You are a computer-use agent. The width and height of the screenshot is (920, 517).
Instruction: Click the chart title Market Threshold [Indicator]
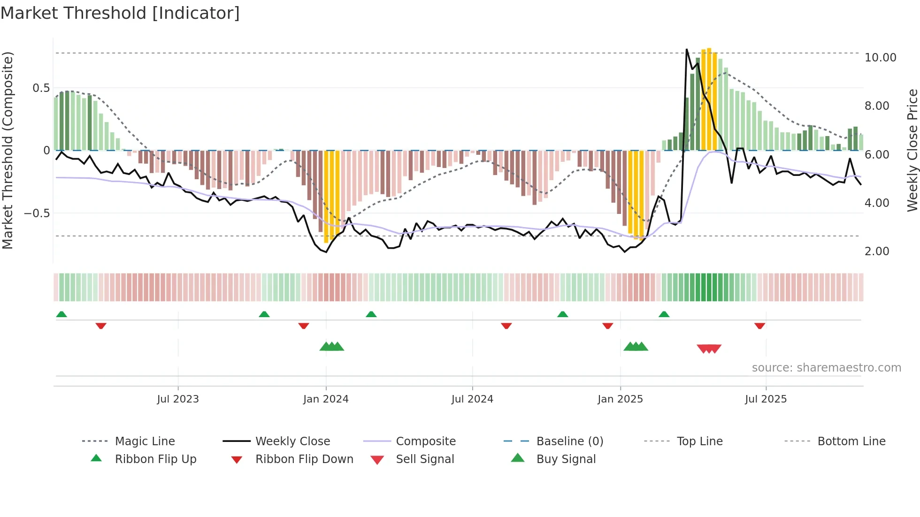(120, 13)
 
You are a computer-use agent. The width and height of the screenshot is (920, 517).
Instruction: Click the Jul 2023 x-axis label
(178, 399)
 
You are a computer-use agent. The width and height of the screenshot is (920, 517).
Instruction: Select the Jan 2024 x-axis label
(326, 399)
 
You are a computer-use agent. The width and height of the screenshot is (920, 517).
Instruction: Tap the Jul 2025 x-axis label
(766, 399)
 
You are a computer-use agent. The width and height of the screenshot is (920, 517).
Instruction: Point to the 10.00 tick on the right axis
(880, 58)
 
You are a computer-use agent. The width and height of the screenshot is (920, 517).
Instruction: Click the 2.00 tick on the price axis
(877, 251)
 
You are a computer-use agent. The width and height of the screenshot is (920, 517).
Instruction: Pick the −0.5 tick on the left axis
(37, 213)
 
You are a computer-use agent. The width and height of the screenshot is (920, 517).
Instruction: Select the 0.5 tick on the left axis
(41, 88)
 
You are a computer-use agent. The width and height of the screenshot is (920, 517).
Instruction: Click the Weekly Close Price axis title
(912, 150)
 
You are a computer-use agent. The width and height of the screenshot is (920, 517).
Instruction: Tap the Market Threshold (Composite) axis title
(8, 150)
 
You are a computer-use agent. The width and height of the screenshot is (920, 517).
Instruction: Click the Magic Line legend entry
(145, 441)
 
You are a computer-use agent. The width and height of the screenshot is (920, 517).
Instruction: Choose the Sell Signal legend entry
(425, 459)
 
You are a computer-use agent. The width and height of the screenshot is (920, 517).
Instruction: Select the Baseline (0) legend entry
(569, 441)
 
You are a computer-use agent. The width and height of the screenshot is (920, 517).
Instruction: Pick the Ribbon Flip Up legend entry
(155, 459)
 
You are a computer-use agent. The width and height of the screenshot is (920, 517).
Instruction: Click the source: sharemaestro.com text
(826, 368)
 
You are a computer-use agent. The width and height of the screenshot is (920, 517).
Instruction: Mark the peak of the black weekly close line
(687, 49)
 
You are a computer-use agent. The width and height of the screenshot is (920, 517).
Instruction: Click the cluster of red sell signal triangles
(709, 349)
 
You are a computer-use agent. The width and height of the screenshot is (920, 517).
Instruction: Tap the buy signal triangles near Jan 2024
(332, 347)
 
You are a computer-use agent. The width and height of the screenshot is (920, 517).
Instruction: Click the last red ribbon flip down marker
(759, 326)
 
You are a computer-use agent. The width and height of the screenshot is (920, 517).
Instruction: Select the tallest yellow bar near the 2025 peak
(709, 99)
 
